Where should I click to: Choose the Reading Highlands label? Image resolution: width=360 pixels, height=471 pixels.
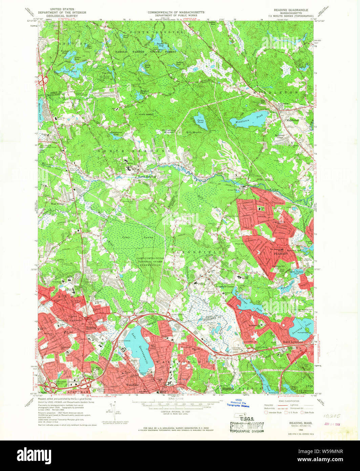[69, 320]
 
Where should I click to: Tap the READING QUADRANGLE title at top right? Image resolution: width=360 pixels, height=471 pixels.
[291, 10]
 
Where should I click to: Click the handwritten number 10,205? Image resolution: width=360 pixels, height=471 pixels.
[331, 416]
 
